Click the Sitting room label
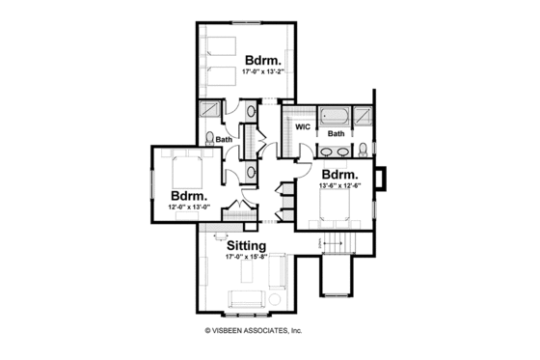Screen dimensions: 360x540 [x=246, y=247]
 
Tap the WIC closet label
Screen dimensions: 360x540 [x=301, y=126]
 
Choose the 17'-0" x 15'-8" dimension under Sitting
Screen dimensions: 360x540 [x=246, y=258]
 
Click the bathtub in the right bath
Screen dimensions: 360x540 [x=336, y=115]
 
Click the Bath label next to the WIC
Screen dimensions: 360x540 [x=336, y=134]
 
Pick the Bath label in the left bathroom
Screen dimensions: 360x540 [x=225, y=140]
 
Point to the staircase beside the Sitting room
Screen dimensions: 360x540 [x=337, y=240]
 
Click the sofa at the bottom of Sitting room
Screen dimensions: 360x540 [x=247, y=298]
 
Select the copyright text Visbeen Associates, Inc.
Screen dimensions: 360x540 [x=254, y=330]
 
